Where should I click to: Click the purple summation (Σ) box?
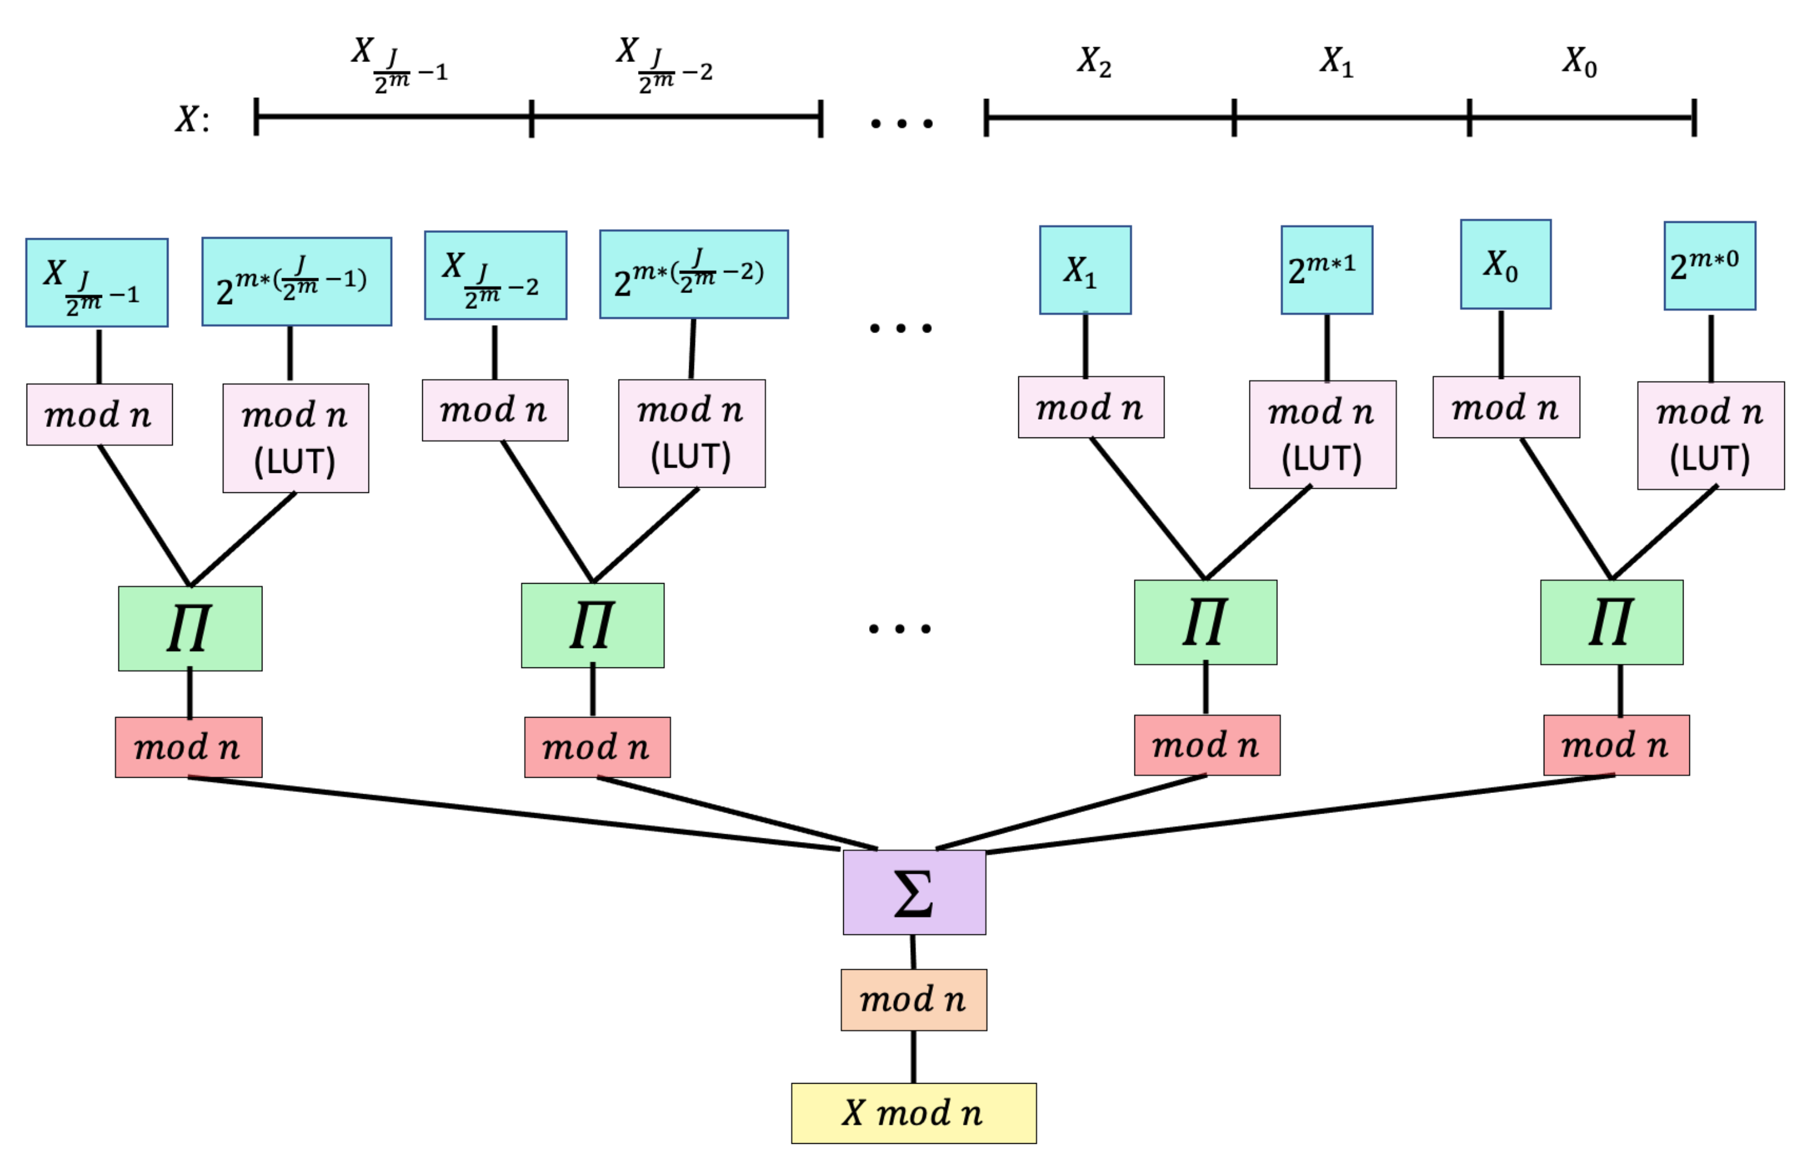point(914,892)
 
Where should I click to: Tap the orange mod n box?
point(913,999)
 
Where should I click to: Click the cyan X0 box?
point(1505,264)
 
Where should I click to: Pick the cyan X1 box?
point(1085,269)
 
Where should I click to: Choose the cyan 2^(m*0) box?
point(1709,265)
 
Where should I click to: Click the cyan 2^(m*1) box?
point(1326,269)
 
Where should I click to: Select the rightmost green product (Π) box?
point(1612,622)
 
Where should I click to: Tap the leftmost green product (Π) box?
point(190,628)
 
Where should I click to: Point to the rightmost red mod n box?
point(1616,745)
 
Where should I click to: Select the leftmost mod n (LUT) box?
point(295,438)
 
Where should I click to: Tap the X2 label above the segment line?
point(1094,61)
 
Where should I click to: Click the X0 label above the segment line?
point(1579,61)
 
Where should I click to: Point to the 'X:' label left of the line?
point(192,119)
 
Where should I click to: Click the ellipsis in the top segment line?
point(901,123)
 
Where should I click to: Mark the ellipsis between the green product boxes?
point(899,628)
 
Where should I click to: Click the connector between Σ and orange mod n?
point(913,952)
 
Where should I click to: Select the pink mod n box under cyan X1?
point(1090,407)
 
